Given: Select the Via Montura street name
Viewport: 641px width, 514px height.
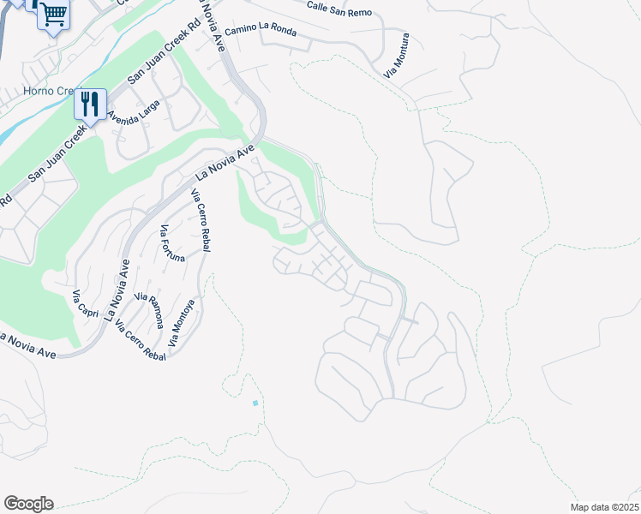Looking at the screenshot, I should coord(398,56).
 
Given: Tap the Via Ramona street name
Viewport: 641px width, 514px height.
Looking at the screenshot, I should coord(151,309).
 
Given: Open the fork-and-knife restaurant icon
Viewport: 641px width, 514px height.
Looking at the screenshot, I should coord(89,105).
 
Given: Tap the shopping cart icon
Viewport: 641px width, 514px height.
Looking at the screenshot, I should coord(53,15).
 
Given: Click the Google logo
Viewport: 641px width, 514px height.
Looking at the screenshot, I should coord(28,504).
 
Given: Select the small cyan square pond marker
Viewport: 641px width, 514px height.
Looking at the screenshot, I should coord(255,403).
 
